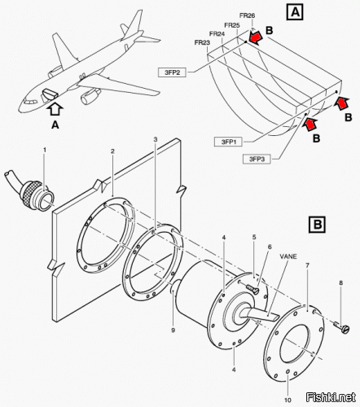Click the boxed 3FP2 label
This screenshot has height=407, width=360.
(172, 72)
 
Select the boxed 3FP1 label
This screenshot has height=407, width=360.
(228, 142)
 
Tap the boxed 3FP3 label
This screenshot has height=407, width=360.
(257, 159)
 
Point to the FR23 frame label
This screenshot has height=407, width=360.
(202, 42)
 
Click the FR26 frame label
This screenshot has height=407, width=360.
(247, 15)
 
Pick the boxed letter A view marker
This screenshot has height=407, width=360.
(295, 12)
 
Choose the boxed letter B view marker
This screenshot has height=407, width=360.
(318, 225)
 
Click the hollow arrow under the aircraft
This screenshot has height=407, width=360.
(55, 110)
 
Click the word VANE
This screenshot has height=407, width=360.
(288, 256)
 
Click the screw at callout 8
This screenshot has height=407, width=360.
(342, 326)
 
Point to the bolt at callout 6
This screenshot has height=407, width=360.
(252, 288)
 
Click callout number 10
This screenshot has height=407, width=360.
(288, 400)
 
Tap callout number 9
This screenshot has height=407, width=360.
(173, 330)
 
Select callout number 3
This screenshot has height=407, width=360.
(156, 139)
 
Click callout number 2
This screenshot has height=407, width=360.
(112, 151)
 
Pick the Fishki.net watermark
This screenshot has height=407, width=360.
(331, 397)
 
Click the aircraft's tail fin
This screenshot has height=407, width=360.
(134, 24)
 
